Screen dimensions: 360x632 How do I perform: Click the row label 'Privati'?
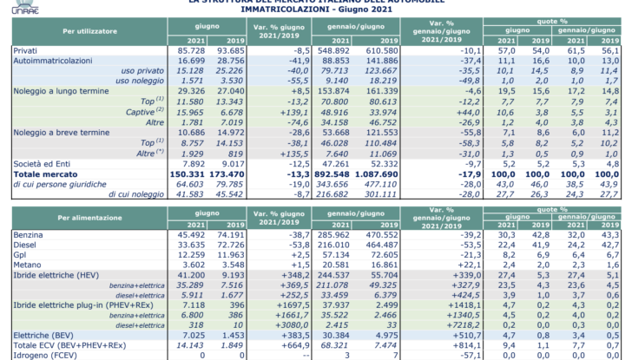(x=26, y=52)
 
